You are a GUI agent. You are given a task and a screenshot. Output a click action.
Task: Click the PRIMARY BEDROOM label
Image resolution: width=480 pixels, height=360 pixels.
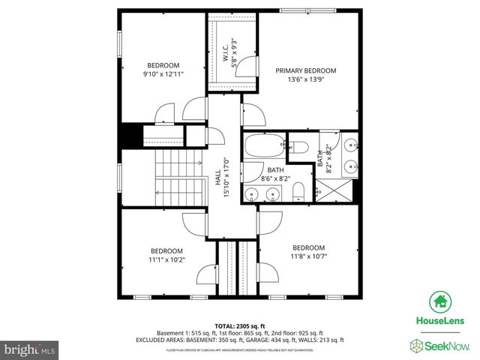tap(305, 70)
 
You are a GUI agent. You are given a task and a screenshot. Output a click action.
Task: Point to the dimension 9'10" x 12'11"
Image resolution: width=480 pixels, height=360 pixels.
tap(163, 74)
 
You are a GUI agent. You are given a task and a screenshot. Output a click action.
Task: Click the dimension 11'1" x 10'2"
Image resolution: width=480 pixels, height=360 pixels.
tap(166, 259)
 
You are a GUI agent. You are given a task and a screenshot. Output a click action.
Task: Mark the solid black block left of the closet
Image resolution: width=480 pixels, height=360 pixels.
tap(131, 136)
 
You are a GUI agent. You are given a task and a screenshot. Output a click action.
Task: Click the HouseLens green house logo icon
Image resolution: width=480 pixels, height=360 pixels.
tap(440, 302)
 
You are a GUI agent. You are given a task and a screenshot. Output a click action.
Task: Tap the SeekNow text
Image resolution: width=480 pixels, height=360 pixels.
tap(446, 346)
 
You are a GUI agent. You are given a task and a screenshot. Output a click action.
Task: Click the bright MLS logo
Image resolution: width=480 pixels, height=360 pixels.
tap(31, 349)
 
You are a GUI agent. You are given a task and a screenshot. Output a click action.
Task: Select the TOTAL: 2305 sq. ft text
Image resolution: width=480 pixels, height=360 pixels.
tap(240, 325)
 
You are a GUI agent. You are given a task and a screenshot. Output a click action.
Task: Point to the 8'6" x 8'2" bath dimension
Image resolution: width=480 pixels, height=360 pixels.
tap(274, 179)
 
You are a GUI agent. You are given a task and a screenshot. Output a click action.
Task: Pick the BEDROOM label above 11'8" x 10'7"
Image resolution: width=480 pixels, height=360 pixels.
tap(308, 247)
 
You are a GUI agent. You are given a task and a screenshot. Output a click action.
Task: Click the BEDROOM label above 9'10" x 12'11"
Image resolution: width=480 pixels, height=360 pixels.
tap(163, 65)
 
